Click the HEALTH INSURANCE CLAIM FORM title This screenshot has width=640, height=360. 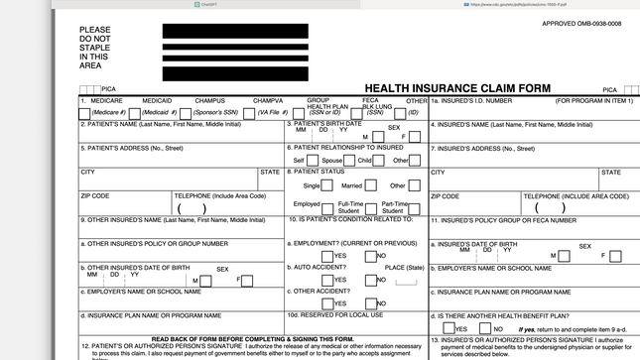click(x=455, y=88)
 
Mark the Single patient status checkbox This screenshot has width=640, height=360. click(x=328, y=185)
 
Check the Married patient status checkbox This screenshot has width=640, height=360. click(x=370, y=185)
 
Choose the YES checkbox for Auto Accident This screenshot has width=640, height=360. click(x=328, y=280)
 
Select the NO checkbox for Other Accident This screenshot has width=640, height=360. click(x=370, y=303)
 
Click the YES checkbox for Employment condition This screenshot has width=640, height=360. click(x=328, y=256)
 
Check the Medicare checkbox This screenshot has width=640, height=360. click(x=84, y=113)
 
